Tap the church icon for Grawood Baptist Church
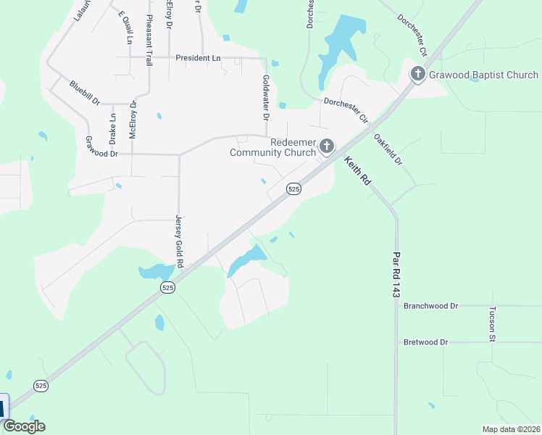(418, 74)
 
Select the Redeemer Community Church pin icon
(327, 147)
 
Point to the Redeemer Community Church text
(273, 148)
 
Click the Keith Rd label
(357, 171)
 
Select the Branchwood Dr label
(431, 306)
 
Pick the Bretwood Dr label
(426, 341)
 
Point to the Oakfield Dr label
(388, 149)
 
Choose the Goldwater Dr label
(266, 98)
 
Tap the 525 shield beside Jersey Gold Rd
(168, 288)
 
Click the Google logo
(24, 426)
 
